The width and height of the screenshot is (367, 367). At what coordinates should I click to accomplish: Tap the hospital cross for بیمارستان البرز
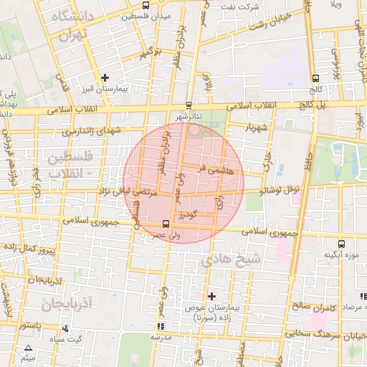(x=105, y=77)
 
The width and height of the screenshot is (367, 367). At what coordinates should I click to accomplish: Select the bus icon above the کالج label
(x=315, y=79)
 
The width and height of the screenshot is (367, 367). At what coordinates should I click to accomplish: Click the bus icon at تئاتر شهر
(x=189, y=104)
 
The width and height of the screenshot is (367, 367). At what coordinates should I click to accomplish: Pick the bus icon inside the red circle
(x=166, y=223)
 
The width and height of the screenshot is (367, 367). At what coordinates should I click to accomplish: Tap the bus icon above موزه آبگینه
(x=340, y=244)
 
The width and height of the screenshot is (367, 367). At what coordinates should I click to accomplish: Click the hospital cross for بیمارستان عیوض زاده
(x=211, y=295)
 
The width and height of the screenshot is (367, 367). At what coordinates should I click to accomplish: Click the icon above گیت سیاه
(x=65, y=329)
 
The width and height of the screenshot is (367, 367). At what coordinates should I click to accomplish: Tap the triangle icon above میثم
(x=28, y=346)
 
